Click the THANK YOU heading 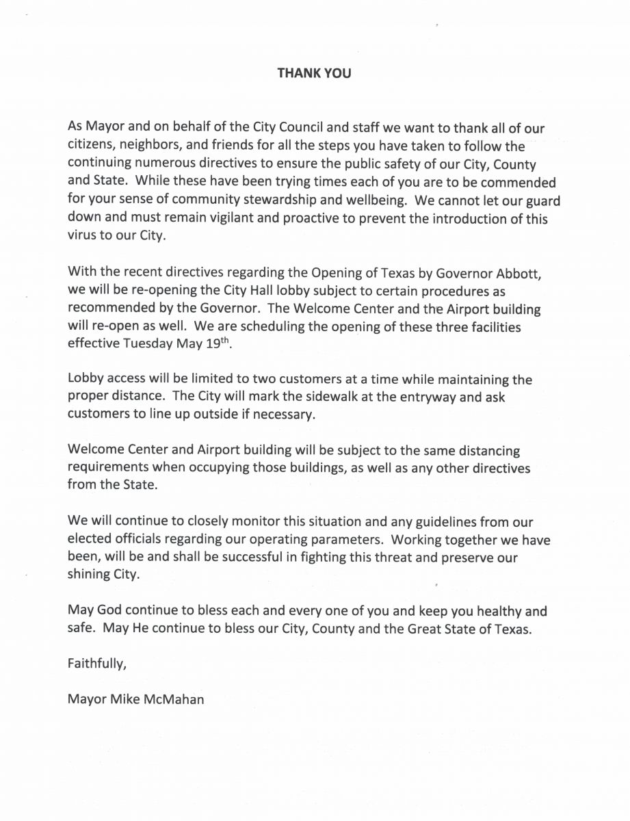[314, 73]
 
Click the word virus [82, 238]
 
